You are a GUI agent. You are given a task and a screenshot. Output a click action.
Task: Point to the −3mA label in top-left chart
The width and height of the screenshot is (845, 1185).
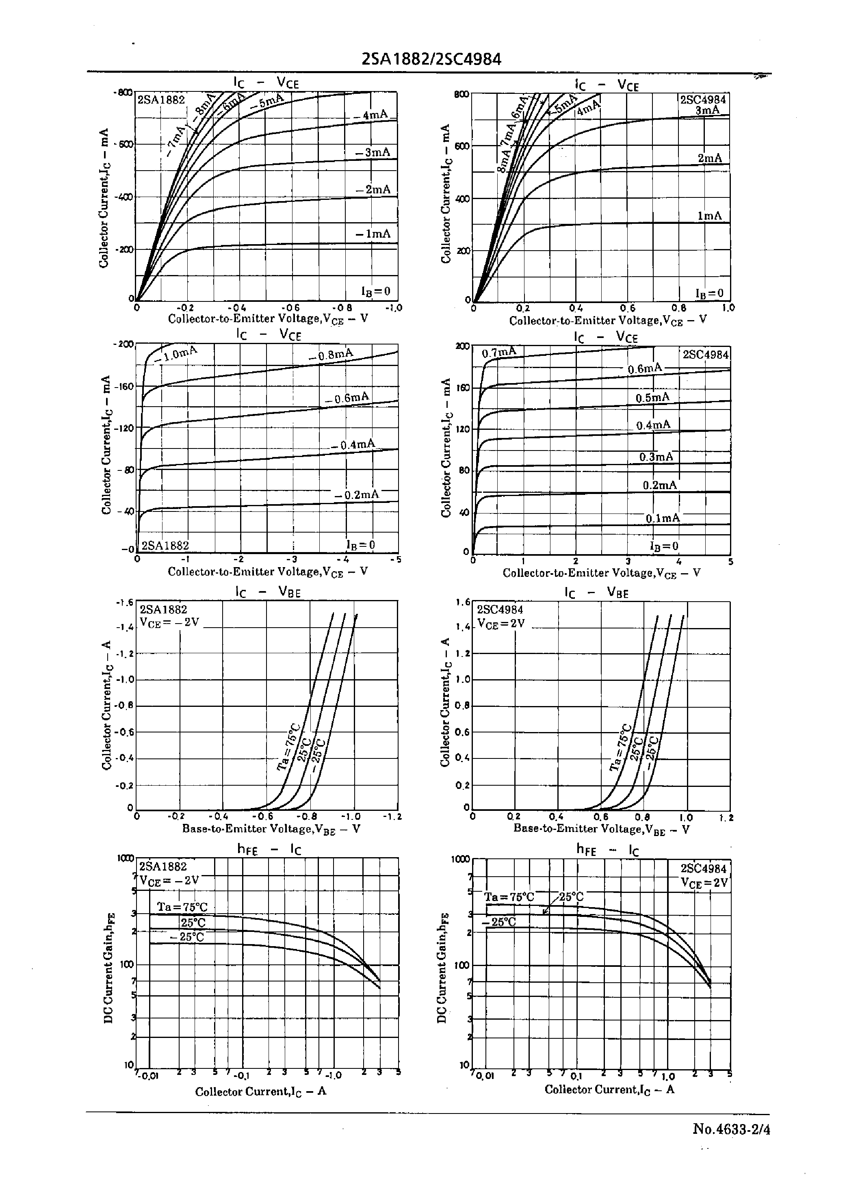click(x=373, y=152)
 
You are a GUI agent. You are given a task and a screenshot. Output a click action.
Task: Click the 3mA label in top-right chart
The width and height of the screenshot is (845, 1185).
click(x=707, y=110)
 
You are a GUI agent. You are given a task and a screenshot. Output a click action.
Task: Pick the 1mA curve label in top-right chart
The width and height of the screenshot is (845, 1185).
click(x=710, y=215)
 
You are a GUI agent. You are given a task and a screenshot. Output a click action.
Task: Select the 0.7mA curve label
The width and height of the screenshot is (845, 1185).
click(x=499, y=352)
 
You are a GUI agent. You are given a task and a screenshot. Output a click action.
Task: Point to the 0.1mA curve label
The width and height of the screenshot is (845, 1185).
click(x=662, y=518)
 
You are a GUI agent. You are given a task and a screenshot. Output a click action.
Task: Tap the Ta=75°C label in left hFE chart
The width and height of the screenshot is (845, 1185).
click(x=182, y=907)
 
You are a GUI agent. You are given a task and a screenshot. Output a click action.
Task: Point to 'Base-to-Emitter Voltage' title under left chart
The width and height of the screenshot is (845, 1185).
click(x=271, y=829)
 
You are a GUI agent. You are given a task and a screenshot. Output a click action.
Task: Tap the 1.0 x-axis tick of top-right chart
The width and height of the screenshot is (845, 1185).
click(x=728, y=308)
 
